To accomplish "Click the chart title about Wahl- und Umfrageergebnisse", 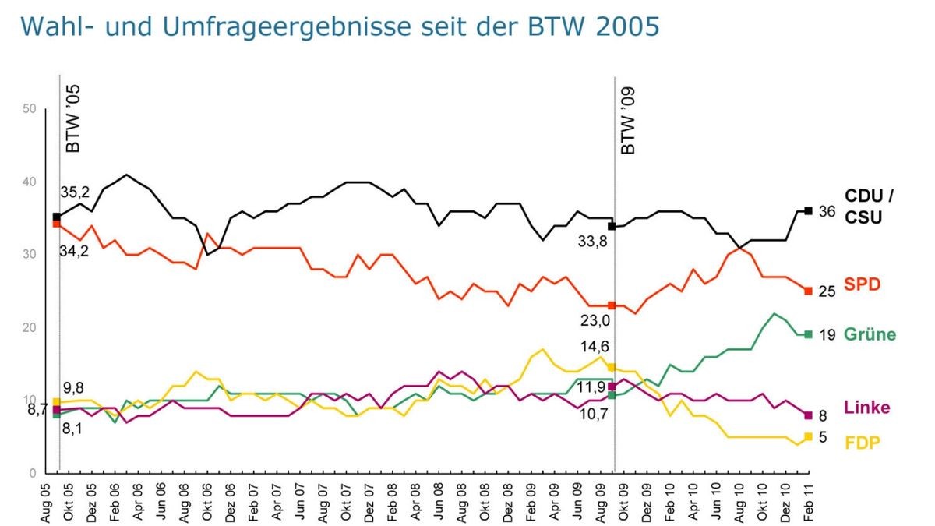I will pos(340,26).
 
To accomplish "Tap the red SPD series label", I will pos(862,285).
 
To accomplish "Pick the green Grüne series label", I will pos(870,334).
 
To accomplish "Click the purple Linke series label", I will pos(866,408).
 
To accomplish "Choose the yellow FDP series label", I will pos(863,443).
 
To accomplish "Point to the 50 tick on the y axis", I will pos(30,109).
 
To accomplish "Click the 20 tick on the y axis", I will pos(30,328).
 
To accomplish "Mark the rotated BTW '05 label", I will pos(72,120).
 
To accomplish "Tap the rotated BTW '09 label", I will pos(627,120).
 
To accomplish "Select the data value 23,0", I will pos(596,320).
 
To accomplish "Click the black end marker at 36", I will pos(808,211).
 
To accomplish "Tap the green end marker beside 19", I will pos(808,334).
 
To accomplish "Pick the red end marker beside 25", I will pos(808,291).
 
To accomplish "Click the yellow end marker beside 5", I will pos(808,436).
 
